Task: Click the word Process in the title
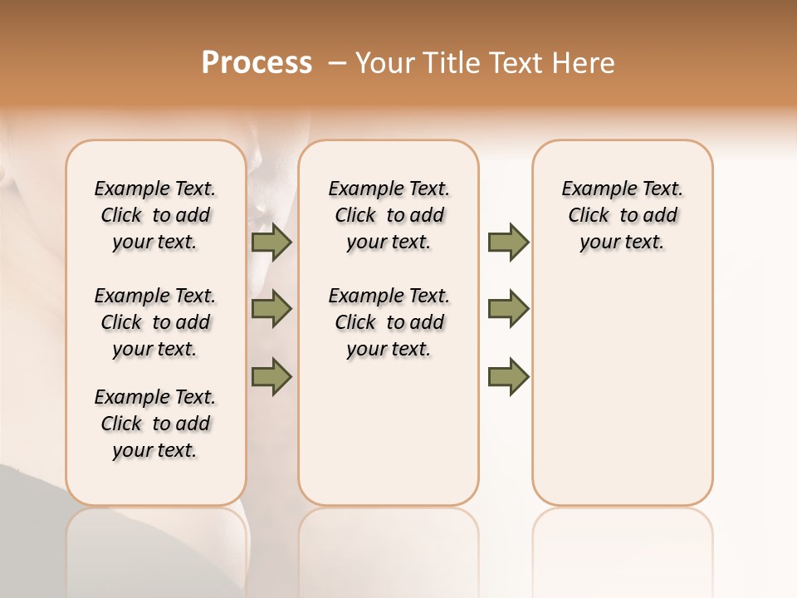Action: [x=257, y=63]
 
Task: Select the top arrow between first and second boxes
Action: [x=271, y=243]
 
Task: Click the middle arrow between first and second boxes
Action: [x=271, y=309]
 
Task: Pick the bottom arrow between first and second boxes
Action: [x=271, y=376]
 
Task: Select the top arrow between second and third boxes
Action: [x=508, y=243]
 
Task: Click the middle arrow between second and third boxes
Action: [x=508, y=309]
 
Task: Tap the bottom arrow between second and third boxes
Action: [x=508, y=376]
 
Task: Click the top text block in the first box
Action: [x=155, y=215]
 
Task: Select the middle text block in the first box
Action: [x=155, y=322]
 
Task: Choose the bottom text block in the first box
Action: [x=155, y=424]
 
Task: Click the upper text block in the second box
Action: [x=389, y=215]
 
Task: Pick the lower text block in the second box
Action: [x=389, y=322]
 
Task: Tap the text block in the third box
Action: [x=622, y=215]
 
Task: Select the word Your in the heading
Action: [x=384, y=63]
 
